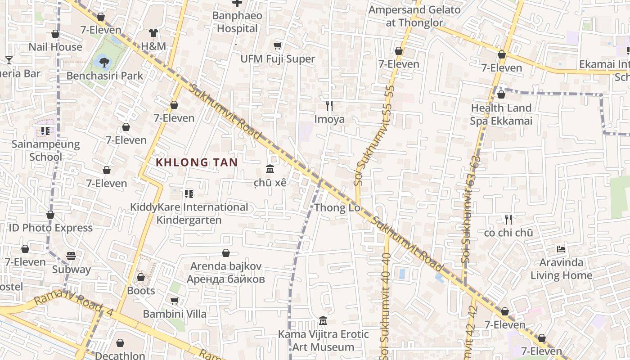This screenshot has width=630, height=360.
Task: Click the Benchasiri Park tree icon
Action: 104,61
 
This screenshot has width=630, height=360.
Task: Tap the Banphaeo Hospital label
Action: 237,22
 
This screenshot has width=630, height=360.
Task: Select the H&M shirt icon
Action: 153,33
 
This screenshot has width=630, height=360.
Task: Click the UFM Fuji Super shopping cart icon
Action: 278,45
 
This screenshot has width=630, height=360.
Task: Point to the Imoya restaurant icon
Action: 329,106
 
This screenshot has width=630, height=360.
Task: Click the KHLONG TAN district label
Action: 197,162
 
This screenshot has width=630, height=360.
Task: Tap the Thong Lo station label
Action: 337,208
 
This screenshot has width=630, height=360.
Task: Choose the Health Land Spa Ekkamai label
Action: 501,114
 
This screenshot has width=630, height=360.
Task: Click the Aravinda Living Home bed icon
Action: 561,249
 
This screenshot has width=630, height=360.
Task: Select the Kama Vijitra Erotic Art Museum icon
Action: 323,321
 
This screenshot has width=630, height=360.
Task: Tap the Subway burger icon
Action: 71,256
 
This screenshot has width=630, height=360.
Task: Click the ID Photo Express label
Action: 51,228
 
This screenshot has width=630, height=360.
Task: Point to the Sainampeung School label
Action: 45,151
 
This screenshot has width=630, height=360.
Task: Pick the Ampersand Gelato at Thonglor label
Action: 414,16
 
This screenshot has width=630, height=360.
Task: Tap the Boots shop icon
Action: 141,277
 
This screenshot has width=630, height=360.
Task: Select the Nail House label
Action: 55,47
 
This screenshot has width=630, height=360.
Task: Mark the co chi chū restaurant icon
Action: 508,220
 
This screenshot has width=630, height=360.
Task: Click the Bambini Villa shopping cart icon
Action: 175,301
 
